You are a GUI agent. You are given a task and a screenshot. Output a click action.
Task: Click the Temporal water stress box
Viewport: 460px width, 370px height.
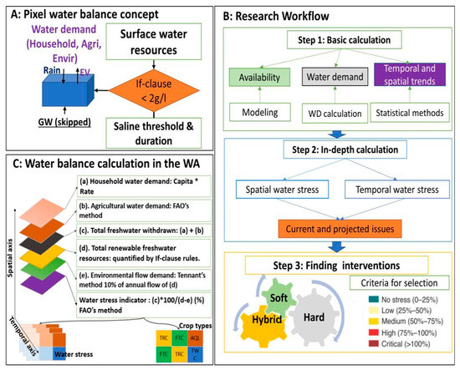coord(400,189)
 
